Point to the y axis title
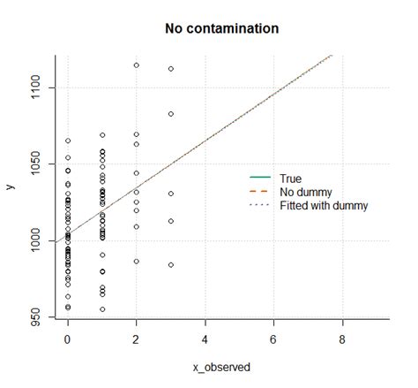pyautogui.click(x=11, y=186)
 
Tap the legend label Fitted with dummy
pyautogui.click(x=323, y=205)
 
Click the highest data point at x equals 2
pyautogui.click(x=136, y=65)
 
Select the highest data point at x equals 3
pyautogui.click(x=170, y=69)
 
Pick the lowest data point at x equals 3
pyautogui.click(x=170, y=265)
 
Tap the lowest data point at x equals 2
pyautogui.click(x=136, y=261)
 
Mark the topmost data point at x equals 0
pyautogui.click(x=68, y=141)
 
